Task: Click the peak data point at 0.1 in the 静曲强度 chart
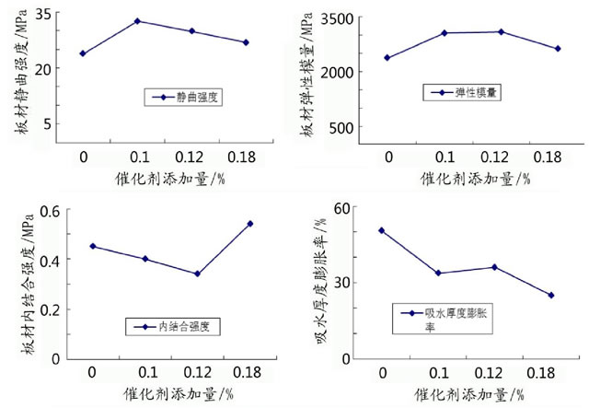click(x=137, y=20)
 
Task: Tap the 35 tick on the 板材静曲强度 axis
click(x=41, y=15)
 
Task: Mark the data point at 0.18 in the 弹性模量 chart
click(x=558, y=49)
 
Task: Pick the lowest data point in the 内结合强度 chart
click(x=197, y=274)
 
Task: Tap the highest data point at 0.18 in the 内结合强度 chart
click(x=250, y=223)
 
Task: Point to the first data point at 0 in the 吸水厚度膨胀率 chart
click(x=381, y=230)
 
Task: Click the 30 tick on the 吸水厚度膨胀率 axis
click(x=348, y=283)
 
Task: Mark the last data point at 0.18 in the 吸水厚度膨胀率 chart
click(x=551, y=296)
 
